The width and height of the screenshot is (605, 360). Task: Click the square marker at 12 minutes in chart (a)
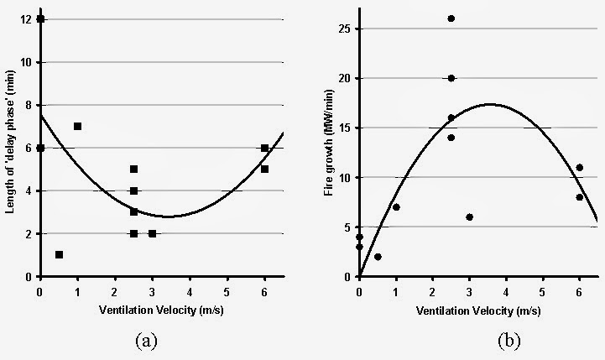40,19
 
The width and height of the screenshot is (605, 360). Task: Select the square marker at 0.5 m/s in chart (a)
59,254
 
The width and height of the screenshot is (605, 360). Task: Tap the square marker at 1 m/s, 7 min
77,126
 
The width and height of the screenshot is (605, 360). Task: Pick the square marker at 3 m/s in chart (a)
152,233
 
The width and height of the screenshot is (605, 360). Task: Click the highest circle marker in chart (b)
451,18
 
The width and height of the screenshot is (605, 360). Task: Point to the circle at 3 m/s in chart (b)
470,217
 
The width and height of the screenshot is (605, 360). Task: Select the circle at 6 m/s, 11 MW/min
580,168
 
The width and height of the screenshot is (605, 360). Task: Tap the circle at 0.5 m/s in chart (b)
378,257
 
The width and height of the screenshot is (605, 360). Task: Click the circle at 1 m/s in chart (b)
396,207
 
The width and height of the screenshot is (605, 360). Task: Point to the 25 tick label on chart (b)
343,29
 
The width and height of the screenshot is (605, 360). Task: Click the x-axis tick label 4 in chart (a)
190,290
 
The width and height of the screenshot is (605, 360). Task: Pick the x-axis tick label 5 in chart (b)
543,290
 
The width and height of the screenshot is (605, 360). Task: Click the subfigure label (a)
146,340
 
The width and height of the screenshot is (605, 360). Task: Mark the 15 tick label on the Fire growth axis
343,128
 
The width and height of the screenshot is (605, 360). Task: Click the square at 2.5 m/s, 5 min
133,169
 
